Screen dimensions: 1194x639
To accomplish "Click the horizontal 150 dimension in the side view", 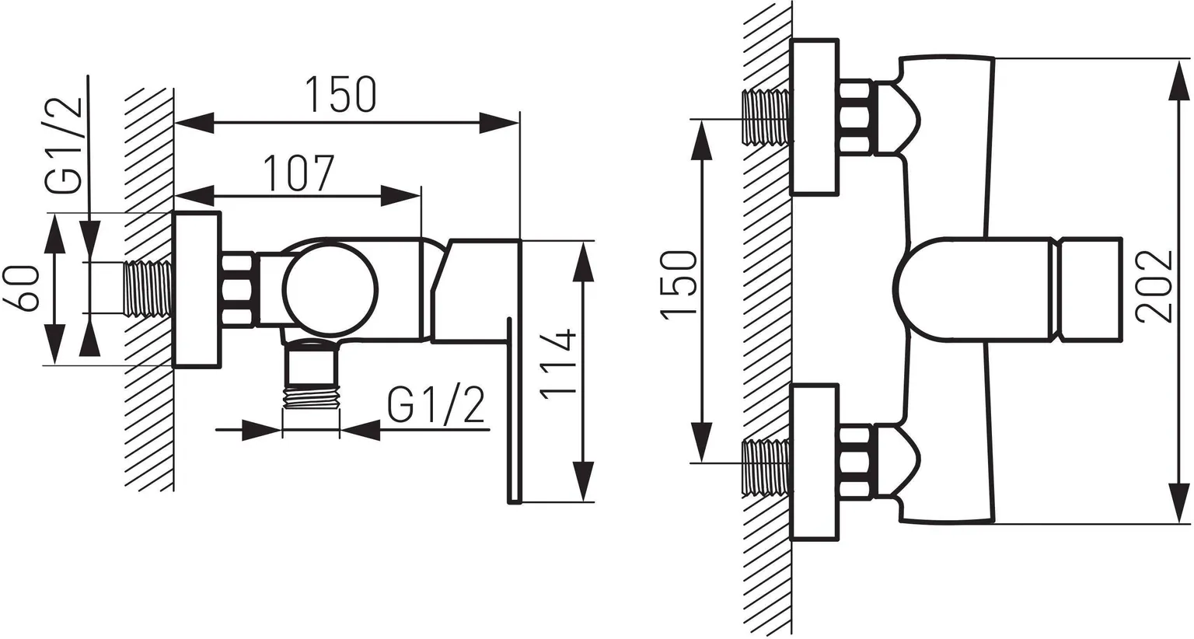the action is coord(341,95).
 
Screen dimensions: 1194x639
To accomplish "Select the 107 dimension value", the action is coord(299,173).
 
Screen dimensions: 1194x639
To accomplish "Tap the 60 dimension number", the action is coord(22,289).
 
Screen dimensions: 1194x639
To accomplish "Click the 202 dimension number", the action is coord(1154,287).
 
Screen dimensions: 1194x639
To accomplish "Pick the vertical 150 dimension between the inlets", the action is coord(679,285).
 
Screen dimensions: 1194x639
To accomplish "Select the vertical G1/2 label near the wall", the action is coord(64,145).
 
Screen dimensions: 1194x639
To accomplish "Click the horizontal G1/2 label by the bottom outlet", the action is coord(436,405).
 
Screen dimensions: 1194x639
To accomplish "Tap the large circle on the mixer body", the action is coord(330,291).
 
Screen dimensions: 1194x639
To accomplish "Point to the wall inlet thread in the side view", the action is coord(148,289).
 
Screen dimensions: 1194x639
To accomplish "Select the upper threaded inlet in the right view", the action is coord(766,117).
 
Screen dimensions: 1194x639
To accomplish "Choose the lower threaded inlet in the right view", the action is coord(766,467).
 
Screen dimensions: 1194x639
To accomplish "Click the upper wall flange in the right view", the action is coord(814,117).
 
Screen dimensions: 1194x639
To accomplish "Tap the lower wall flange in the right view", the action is coord(814,463).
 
